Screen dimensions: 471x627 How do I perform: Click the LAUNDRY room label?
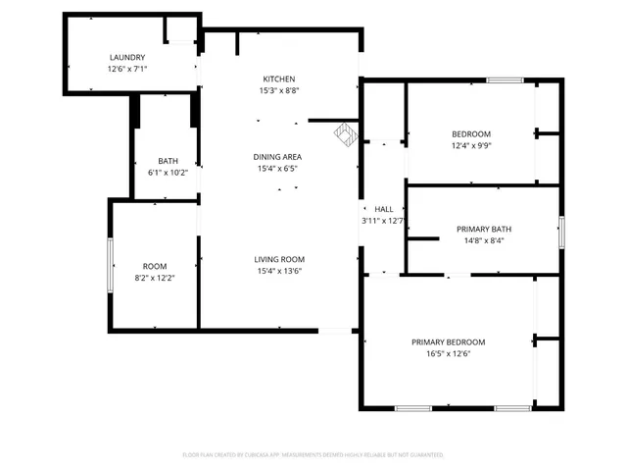[126, 58]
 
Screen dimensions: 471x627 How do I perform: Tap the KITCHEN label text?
[278, 78]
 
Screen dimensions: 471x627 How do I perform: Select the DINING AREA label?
[277, 157]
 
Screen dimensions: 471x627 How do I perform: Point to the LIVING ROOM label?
[277, 259]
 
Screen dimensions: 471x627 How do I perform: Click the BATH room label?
[168, 161]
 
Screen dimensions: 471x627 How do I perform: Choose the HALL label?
[383, 209]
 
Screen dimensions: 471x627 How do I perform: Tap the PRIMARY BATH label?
[483, 229]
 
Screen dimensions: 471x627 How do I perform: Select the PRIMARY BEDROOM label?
[448, 341]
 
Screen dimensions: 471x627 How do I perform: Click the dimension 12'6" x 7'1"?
[126, 70]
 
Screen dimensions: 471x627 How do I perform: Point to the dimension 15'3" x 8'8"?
[278, 90]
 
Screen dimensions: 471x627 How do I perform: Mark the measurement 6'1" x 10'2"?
[168, 173]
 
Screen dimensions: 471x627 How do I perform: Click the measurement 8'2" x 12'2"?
[155, 278]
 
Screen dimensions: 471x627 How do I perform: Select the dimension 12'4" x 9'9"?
[470, 145]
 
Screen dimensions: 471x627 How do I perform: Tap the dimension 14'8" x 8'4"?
[483, 240]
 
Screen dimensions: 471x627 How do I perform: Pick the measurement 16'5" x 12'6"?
[448, 353]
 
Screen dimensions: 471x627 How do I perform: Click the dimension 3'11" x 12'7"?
[383, 221]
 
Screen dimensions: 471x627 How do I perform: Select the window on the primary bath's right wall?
[561, 232]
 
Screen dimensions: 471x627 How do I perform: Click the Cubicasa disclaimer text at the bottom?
[313, 455]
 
